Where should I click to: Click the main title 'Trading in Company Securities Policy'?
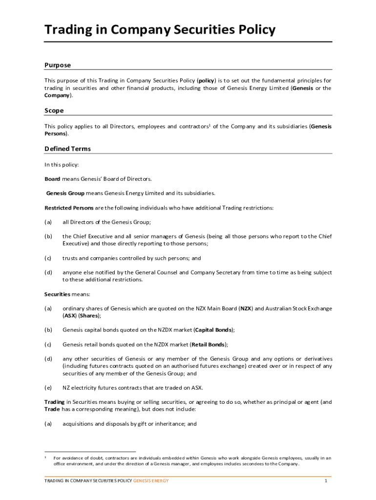coord(160,30)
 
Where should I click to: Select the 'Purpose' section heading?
coord(58,65)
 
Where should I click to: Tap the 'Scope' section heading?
coord(54,110)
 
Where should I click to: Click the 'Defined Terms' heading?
coord(67,148)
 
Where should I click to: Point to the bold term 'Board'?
coord(52,179)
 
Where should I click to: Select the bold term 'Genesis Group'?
coord(65,193)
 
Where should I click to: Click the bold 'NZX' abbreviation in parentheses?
coord(246,309)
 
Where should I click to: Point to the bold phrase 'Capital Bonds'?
coord(214,330)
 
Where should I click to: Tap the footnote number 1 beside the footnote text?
coord(46,458)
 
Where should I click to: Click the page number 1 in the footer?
coord(325,481)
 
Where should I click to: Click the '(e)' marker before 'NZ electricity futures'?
coord(48,388)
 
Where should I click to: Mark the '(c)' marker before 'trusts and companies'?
coord(48,258)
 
